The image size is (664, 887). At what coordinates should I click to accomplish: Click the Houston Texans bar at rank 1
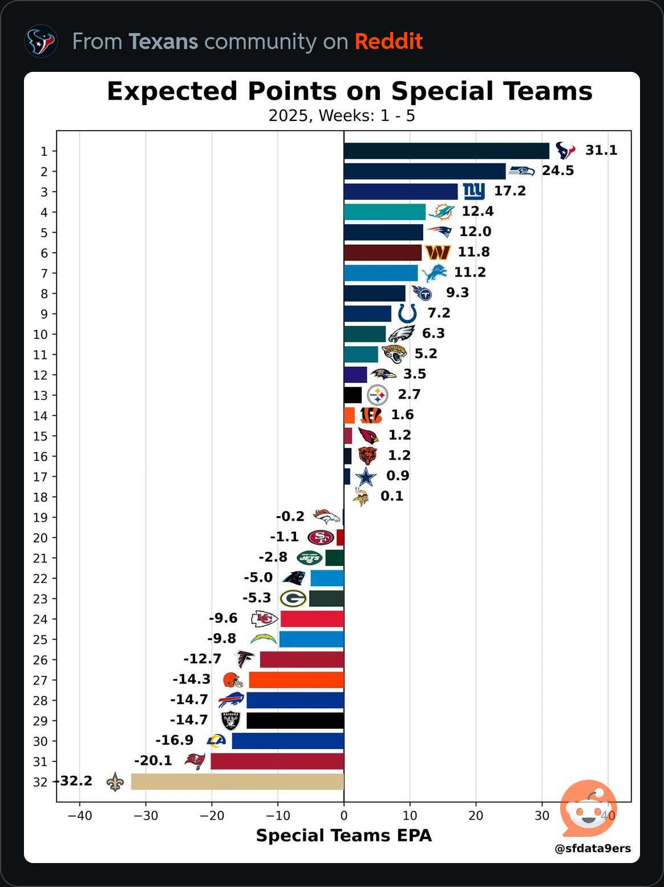pos(446,151)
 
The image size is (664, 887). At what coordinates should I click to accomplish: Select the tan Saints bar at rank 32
pos(237,781)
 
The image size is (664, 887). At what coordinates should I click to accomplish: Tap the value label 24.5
pos(557,171)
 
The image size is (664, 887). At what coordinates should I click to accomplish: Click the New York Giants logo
pos(473,191)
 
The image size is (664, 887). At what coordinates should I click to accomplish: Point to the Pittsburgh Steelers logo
pos(377,395)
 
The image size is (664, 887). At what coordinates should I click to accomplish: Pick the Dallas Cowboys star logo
pos(366,476)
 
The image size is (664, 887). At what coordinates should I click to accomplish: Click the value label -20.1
pos(153,760)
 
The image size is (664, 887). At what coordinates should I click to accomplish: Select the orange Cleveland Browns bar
pos(296,680)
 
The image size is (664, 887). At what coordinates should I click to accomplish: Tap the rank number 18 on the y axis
pos(40,497)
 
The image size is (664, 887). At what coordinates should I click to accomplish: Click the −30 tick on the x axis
pos(145,816)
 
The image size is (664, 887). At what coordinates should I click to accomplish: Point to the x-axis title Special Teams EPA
pos(343,836)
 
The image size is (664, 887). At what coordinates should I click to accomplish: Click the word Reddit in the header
pos(388,42)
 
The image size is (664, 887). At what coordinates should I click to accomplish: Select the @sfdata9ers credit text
pos(592,848)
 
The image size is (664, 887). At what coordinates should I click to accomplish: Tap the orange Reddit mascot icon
pos(588,808)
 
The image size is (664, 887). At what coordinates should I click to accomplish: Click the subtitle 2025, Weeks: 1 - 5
pos(342,116)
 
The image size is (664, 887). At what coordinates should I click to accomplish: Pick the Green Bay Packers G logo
pos(293,598)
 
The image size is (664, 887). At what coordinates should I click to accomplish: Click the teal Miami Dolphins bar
pos(384,212)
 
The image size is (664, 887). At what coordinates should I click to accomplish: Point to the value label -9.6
pos(223,618)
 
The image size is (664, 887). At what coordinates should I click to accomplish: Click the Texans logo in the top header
pos(41,41)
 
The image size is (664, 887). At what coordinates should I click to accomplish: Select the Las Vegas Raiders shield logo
pos(230,720)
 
